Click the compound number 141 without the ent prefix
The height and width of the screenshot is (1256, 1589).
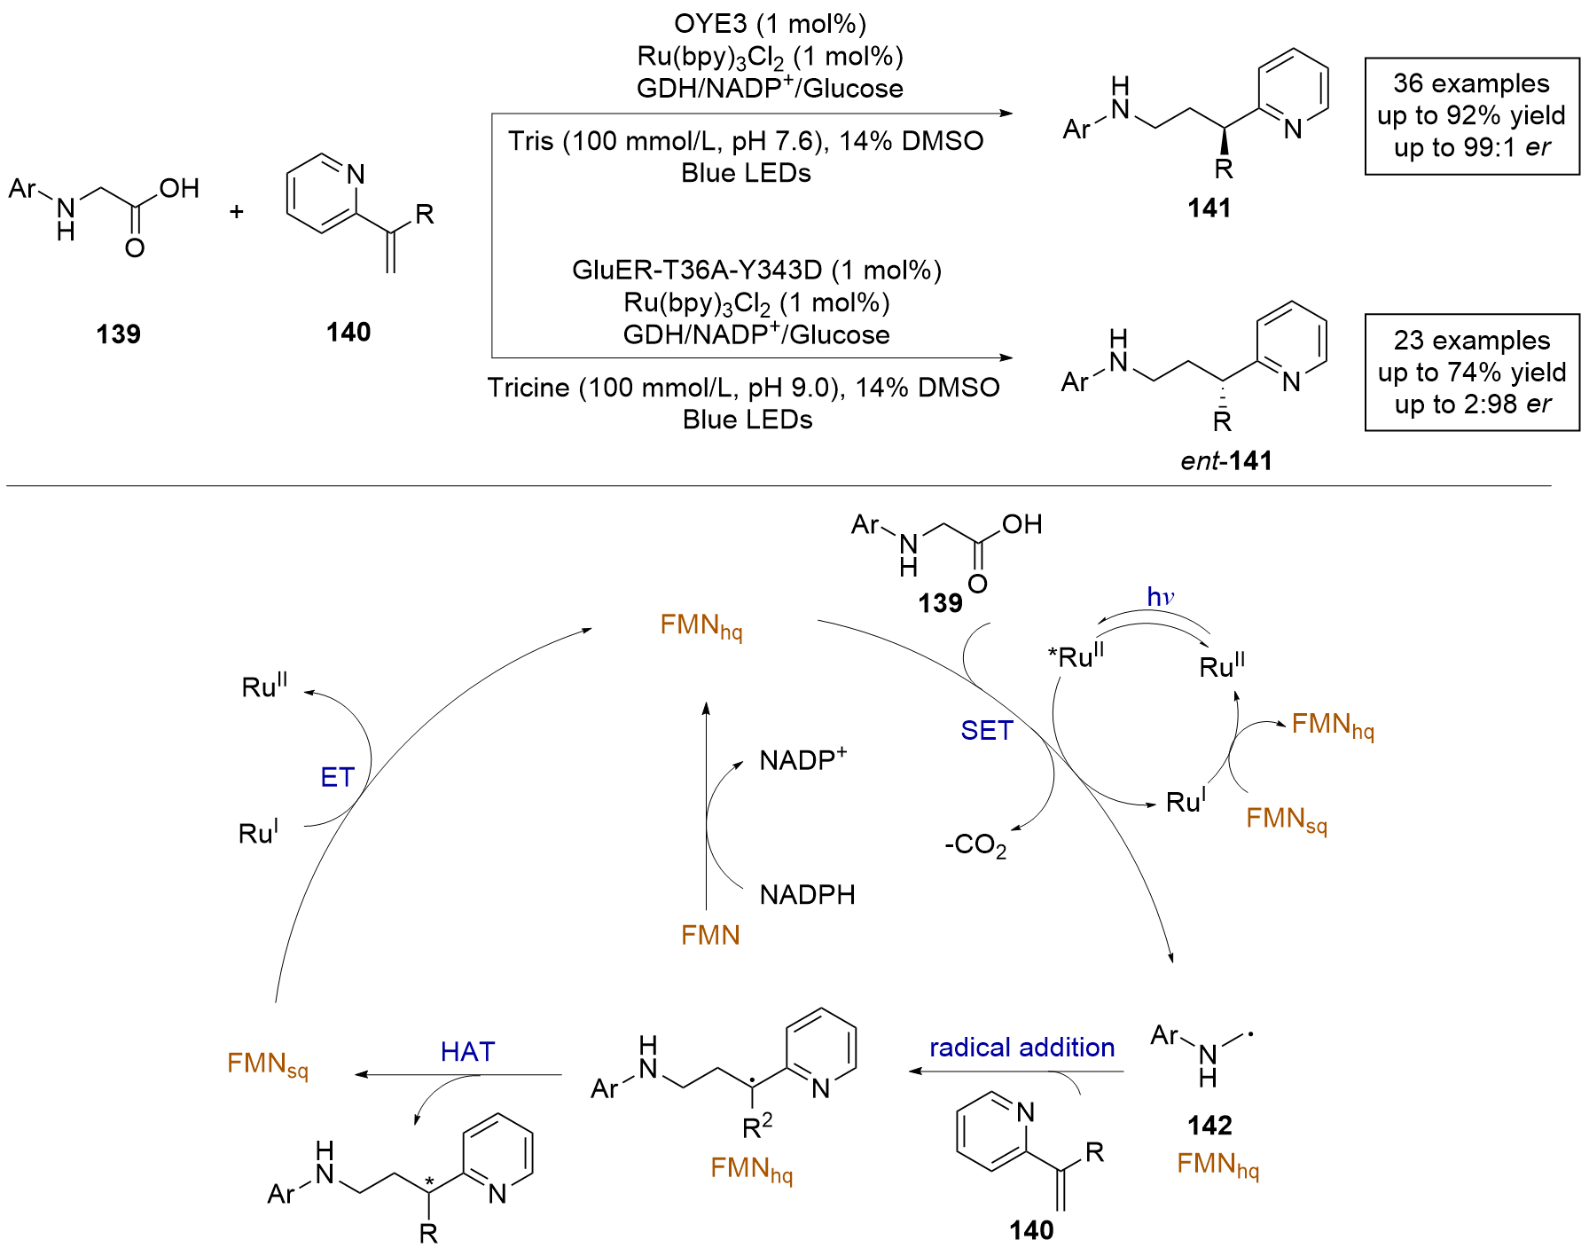coord(1209,208)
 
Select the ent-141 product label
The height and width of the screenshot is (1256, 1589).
coord(1226,461)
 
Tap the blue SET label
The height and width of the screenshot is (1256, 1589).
coord(987,730)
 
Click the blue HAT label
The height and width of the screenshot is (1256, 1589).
coord(467,1051)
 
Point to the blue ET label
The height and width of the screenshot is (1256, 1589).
coord(337,777)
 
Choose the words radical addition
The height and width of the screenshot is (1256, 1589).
coord(1021,1048)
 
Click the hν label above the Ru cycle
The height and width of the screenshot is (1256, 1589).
coord(1161,597)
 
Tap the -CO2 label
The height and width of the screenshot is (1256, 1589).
coord(975,845)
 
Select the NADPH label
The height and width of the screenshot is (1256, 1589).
coord(807,894)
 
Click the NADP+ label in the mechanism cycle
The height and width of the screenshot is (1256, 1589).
coord(803,759)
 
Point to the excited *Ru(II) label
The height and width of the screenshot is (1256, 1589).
coord(1076,656)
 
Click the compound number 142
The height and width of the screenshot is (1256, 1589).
coord(1209,1126)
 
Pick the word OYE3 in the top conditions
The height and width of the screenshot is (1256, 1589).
coord(711,24)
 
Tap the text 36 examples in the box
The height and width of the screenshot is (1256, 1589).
coord(1472,83)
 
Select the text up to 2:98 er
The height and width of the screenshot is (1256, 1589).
coord(1473,404)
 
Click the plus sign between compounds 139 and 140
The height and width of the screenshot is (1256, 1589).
coord(236,212)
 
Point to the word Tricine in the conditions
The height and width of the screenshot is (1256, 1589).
coord(528,388)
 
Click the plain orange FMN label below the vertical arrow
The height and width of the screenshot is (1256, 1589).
coord(710,935)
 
